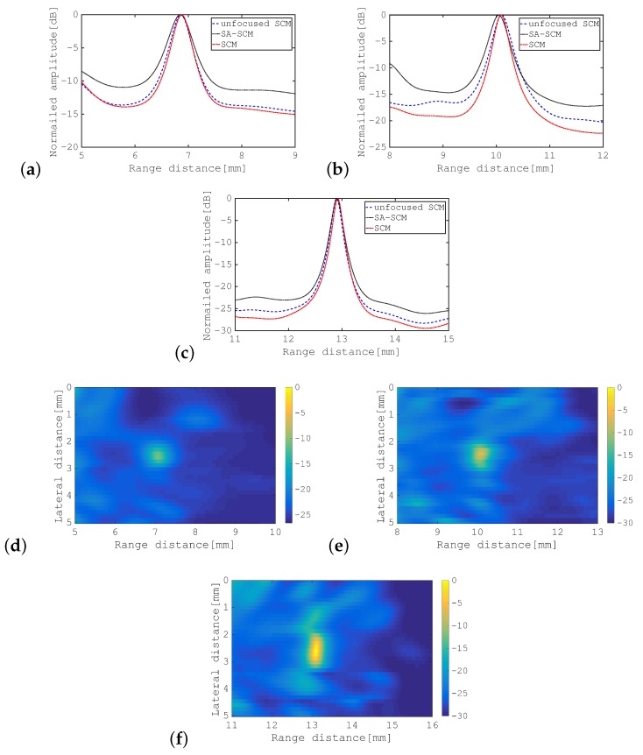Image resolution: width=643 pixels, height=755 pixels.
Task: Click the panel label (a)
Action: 17,170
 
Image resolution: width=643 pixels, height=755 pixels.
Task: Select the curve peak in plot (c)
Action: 338,200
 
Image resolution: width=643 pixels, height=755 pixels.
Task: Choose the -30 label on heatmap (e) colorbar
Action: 628,522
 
